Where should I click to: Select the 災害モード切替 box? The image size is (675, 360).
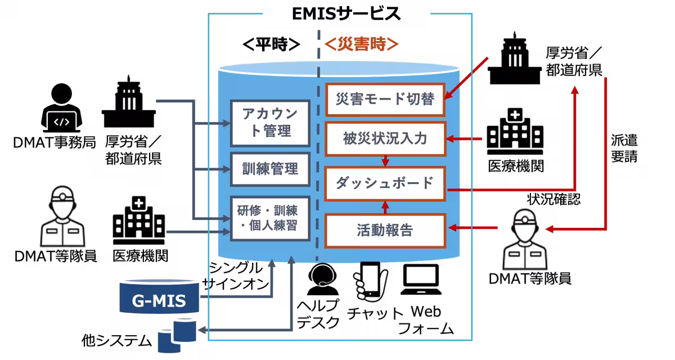[x=385, y=99]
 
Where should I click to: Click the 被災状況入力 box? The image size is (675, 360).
[x=385, y=138]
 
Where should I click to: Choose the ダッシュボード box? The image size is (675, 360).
[x=385, y=183]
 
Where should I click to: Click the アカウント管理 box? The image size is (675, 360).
[x=271, y=122]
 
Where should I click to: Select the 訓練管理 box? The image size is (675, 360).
[x=271, y=169]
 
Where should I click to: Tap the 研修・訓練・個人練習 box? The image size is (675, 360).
[x=271, y=219]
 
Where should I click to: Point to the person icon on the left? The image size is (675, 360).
[x=63, y=217]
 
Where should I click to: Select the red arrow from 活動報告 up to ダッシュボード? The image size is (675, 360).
[x=386, y=206]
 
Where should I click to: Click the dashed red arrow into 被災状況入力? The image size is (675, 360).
[x=465, y=139]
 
